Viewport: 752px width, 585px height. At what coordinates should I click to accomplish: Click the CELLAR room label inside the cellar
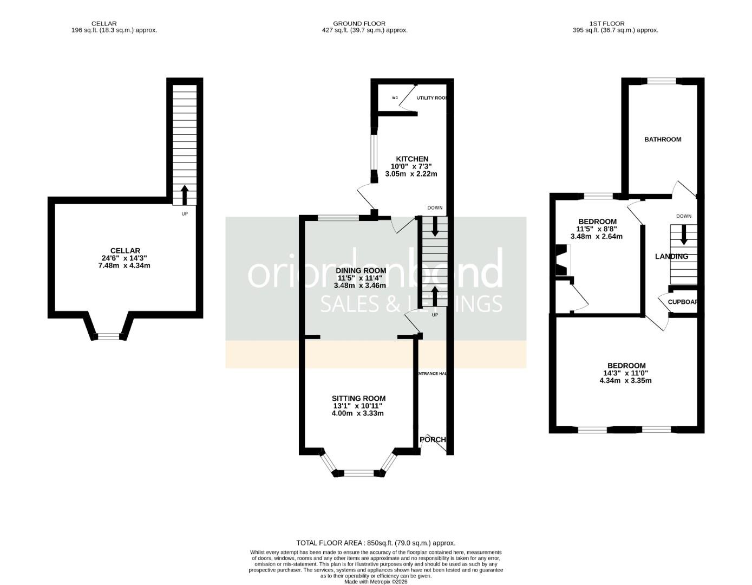click(x=125, y=251)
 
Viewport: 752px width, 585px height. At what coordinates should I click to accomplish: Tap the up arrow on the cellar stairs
click(x=184, y=194)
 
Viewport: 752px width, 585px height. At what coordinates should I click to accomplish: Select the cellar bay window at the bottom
click(x=108, y=336)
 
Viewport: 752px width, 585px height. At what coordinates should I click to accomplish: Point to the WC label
click(x=395, y=98)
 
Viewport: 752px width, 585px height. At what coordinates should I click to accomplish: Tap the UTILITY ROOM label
click(x=431, y=98)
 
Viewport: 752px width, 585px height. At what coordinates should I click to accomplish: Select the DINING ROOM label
click(x=361, y=270)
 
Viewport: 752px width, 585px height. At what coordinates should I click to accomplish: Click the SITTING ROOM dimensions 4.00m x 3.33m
click(x=357, y=413)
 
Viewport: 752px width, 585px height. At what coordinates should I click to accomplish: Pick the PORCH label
click(x=433, y=439)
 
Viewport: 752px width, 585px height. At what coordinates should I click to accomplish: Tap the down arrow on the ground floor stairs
click(x=435, y=226)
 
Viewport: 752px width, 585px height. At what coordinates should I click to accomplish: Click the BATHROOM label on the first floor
click(x=662, y=140)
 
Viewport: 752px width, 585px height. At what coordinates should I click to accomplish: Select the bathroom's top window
click(x=662, y=82)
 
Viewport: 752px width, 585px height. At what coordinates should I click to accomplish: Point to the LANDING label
click(x=671, y=257)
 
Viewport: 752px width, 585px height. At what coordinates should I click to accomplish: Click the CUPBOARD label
click(x=682, y=302)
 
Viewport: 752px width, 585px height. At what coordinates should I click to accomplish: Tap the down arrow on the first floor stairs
click(x=683, y=234)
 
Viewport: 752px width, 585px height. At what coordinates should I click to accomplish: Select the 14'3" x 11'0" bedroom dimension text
click(x=625, y=373)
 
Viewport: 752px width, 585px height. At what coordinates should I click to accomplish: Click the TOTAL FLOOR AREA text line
click(x=375, y=543)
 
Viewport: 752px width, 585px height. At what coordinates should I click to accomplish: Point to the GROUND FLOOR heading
click(x=359, y=23)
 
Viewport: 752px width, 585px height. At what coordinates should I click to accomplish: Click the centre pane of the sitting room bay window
click(x=359, y=473)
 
